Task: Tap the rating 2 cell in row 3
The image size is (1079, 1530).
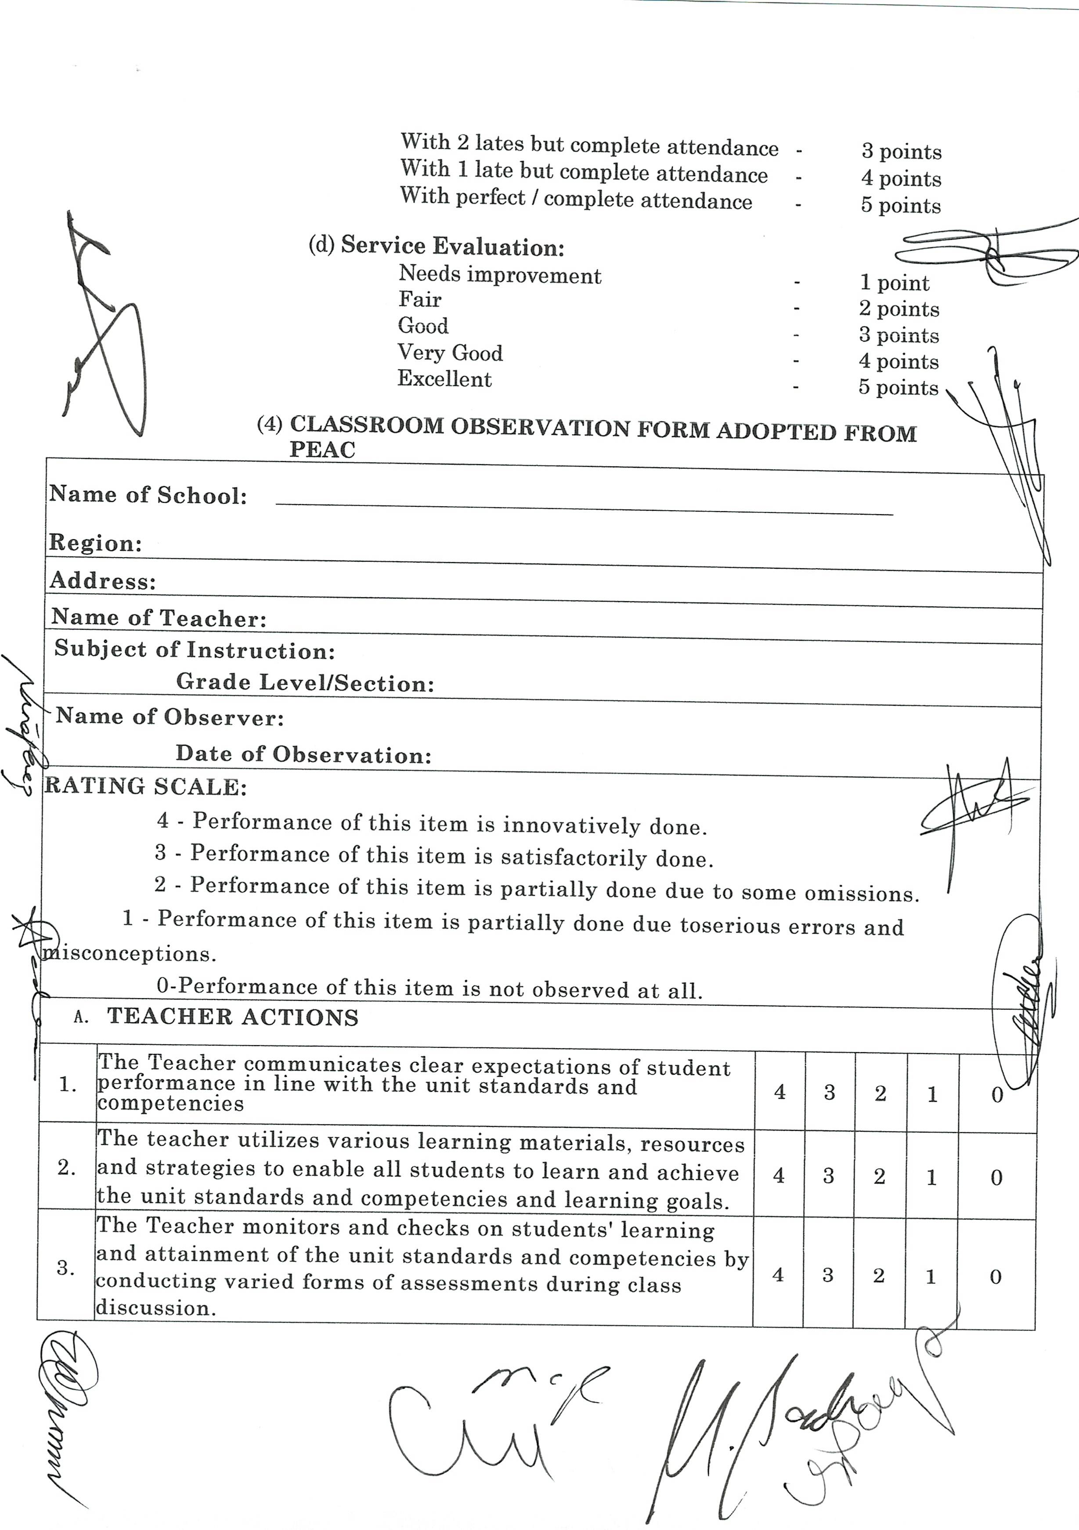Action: click(x=878, y=1275)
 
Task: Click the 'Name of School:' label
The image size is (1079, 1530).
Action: click(x=148, y=495)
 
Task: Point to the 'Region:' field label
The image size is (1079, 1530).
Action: click(x=95, y=543)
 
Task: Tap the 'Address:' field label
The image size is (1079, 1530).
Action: click(x=103, y=581)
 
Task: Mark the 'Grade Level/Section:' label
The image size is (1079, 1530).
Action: click(x=305, y=682)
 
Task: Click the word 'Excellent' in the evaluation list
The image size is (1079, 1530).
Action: click(x=444, y=379)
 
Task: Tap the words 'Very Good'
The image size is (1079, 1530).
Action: click(x=450, y=353)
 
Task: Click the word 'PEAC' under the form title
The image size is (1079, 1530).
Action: click(x=323, y=450)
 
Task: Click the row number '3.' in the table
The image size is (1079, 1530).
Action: click(x=65, y=1268)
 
